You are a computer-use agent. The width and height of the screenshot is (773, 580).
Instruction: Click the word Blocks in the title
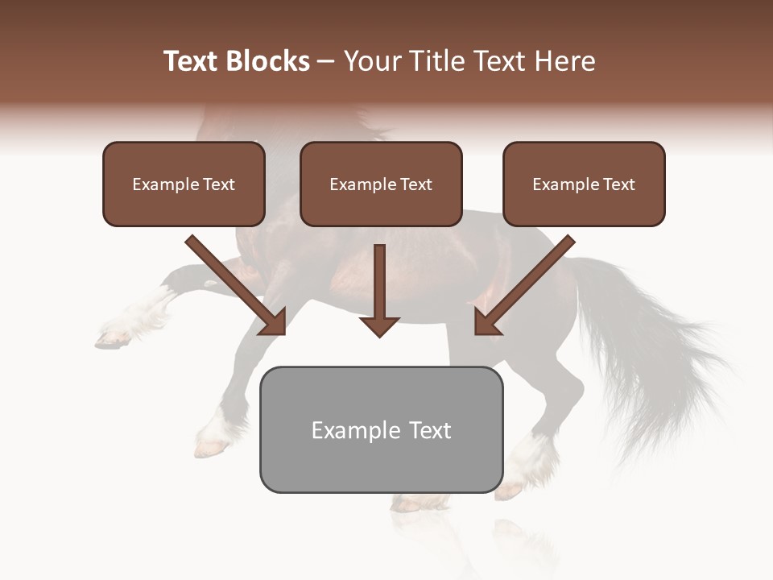[x=267, y=61]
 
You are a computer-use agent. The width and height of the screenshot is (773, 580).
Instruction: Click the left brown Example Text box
[x=184, y=184]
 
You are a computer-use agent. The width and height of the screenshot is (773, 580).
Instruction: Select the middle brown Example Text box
[x=381, y=184]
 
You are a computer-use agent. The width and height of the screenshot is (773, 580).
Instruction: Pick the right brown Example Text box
[x=584, y=184]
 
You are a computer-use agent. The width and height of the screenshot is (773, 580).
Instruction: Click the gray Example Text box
[x=381, y=429]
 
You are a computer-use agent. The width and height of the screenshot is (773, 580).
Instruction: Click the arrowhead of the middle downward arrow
[x=379, y=325]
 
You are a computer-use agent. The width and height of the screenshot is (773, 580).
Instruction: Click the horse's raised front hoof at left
[x=113, y=338]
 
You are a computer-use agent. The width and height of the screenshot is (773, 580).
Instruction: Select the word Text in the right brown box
[x=618, y=184]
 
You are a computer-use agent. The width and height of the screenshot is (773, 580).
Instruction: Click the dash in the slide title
[x=326, y=61]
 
